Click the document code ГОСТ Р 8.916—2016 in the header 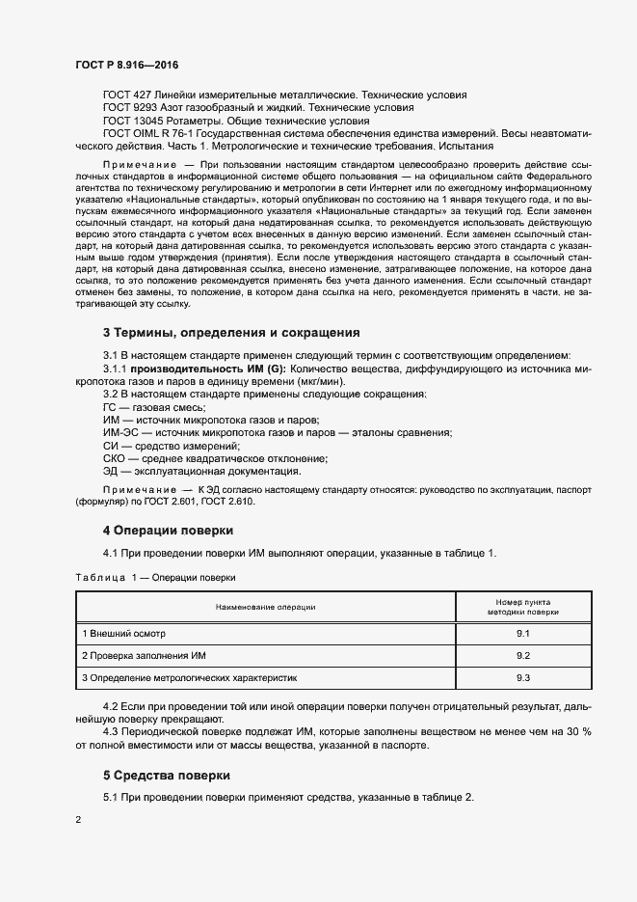126,65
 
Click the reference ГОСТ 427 126,95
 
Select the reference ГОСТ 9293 129,108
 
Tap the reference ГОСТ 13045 132,122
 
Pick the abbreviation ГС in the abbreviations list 111,409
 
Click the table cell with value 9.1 523,633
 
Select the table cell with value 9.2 523,655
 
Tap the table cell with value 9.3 523,678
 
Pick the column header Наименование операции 265,606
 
